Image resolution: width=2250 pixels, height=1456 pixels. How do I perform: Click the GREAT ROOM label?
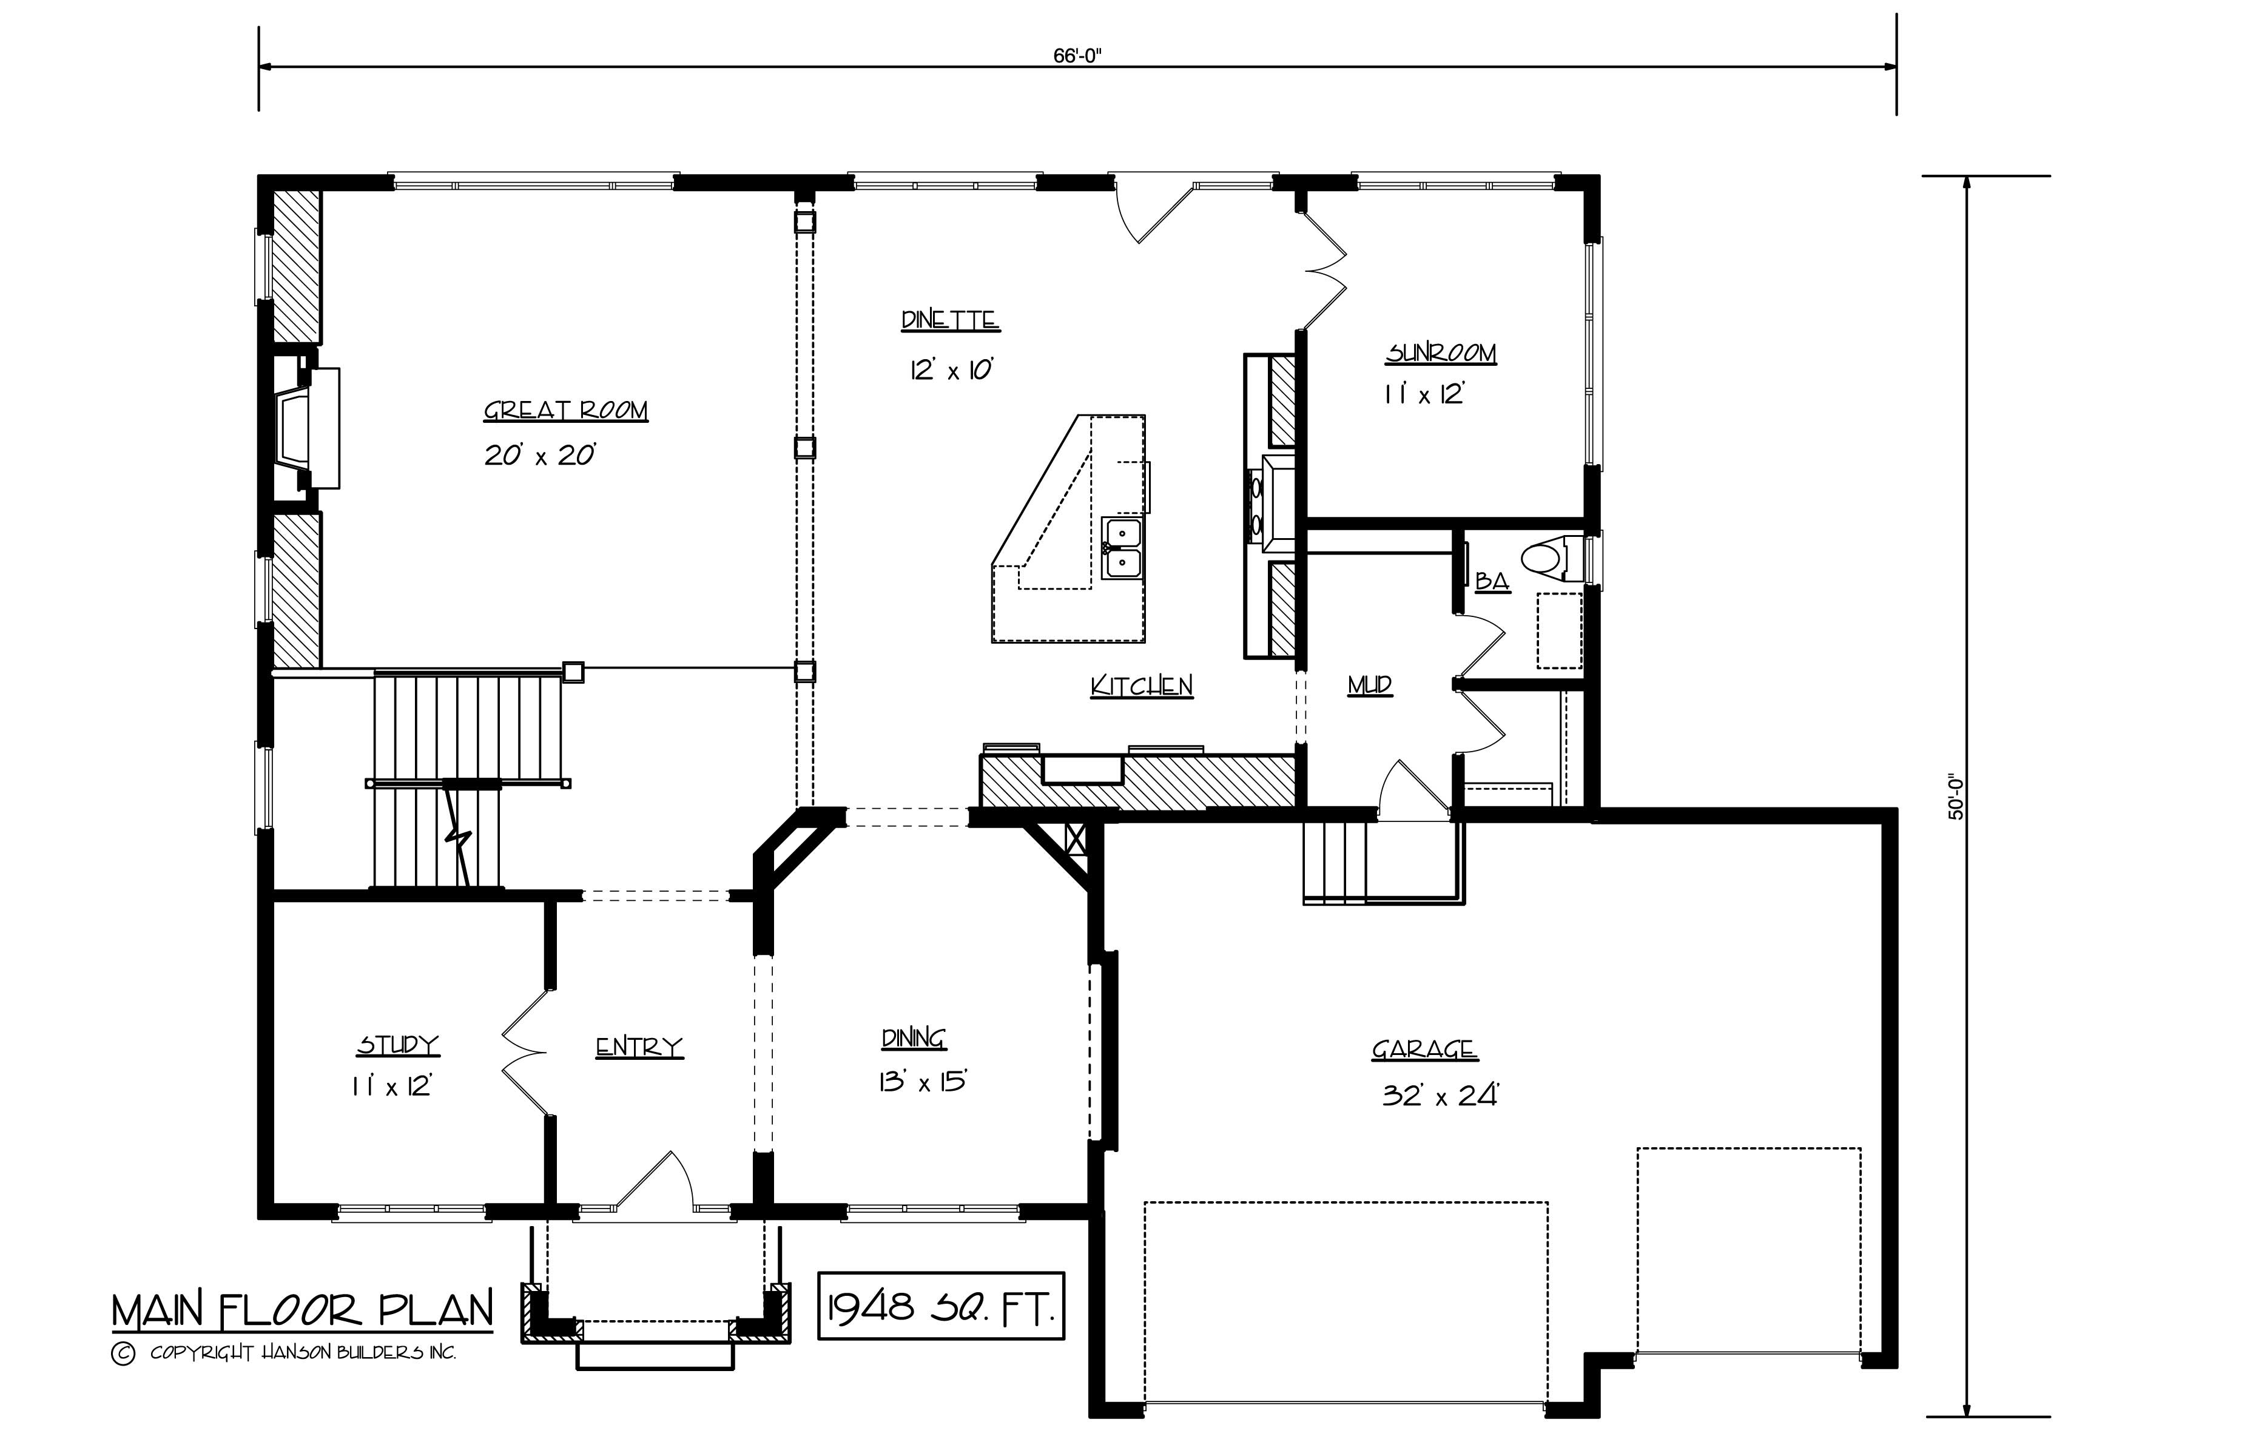pos(565,410)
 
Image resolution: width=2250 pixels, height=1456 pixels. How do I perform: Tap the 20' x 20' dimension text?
pos(540,456)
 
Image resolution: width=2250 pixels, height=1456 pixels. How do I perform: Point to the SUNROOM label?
pos(1441,354)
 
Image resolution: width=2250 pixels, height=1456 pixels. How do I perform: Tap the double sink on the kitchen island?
pos(1122,548)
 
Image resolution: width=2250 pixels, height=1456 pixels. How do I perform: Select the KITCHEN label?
pos(1141,686)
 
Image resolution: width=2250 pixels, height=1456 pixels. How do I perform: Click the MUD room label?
pos(1369,684)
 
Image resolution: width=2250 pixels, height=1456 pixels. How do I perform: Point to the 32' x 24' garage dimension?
pos(1440,1096)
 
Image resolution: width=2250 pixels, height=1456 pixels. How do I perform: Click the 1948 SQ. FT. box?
pos(941,1306)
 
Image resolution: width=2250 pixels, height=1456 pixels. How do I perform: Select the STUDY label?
pos(398,1045)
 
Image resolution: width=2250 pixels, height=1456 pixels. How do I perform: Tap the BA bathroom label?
pos(1492,581)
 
